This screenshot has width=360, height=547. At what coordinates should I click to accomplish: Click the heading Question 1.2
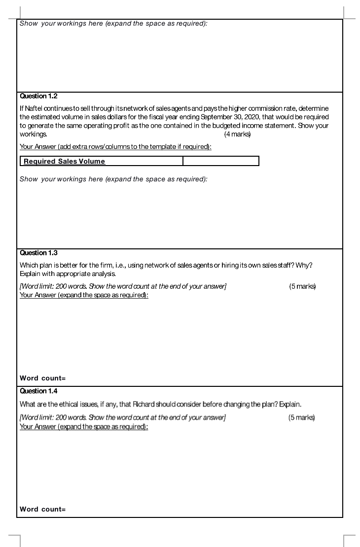(x=38, y=96)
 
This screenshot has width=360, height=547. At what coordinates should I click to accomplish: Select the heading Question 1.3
(x=38, y=253)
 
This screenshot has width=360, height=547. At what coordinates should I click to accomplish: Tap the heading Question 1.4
(x=38, y=391)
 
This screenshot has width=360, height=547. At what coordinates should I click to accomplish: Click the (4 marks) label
(x=237, y=134)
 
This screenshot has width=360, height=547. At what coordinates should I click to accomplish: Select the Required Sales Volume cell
(x=102, y=161)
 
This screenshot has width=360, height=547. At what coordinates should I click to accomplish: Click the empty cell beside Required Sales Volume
(x=220, y=161)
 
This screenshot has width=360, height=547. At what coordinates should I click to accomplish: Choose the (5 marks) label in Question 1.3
(x=302, y=286)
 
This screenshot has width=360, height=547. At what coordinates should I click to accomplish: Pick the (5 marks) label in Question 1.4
(x=301, y=417)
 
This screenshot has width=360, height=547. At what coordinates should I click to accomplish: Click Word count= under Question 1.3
(x=42, y=378)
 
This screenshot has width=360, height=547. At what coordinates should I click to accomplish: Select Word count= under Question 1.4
(x=42, y=509)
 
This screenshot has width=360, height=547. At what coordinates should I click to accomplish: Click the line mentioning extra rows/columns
(x=115, y=147)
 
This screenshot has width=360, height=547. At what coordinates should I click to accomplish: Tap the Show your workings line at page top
(x=113, y=24)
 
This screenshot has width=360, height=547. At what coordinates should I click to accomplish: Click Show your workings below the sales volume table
(x=113, y=179)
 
